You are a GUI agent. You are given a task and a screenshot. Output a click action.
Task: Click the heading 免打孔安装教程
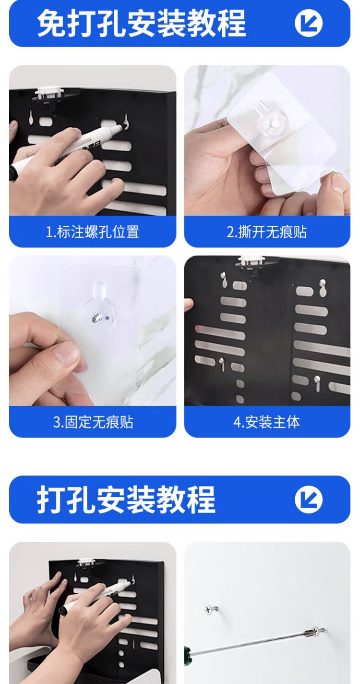pyautogui.click(x=141, y=23)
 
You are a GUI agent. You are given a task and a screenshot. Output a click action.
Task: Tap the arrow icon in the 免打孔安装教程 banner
pyautogui.click(x=309, y=23)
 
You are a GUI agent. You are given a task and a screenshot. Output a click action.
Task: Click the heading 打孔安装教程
pyautogui.click(x=126, y=500)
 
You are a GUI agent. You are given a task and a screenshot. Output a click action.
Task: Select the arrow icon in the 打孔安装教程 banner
pyautogui.click(x=309, y=500)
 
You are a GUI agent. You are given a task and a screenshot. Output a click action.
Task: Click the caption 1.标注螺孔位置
pyautogui.click(x=93, y=232)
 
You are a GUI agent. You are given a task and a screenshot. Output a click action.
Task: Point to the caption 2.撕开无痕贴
pyautogui.click(x=267, y=232)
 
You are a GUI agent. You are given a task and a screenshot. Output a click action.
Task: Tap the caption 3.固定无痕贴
pyautogui.click(x=93, y=422)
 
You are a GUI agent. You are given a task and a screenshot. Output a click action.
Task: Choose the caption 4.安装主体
pyautogui.click(x=267, y=422)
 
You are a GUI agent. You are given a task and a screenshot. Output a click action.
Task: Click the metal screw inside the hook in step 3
pyautogui.click(x=96, y=318)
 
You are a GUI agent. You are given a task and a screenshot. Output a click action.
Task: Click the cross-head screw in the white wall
pyautogui.click(x=211, y=609)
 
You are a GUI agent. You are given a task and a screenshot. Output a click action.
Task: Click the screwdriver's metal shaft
pyautogui.click(x=247, y=641)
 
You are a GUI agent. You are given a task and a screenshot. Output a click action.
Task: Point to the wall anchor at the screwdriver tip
pyautogui.click(x=316, y=630)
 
